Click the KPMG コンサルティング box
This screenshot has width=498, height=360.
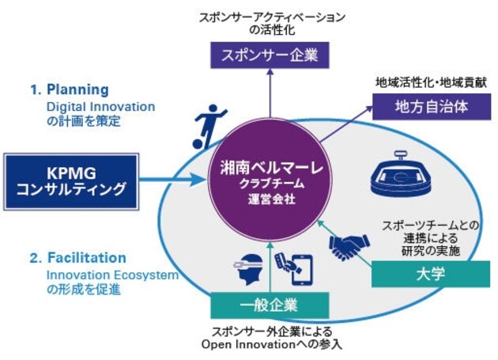tap(71, 182)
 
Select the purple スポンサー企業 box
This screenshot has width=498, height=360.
tap(270, 55)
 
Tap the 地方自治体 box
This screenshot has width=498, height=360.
tap(432, 107)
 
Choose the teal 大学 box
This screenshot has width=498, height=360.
tap(431, 274)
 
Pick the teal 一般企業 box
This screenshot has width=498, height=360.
tap(270, 305)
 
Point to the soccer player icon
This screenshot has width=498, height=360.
tap(209, 127)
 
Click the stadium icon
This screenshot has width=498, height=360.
tap(401, 173)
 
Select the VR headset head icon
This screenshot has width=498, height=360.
tap(248, 269)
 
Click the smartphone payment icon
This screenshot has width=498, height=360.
tap(294, 269)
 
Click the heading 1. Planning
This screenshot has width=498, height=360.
tap(70, 89)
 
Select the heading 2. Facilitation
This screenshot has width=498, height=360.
tap(78, 258)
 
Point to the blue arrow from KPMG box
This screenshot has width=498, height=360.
tap(173, 180)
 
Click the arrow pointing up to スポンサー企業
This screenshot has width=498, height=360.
tap(270, 93)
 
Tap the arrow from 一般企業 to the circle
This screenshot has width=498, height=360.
tap(270, 267)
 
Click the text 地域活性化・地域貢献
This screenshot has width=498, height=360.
tap(432, 83)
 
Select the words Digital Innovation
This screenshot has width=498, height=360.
tap(101, 107)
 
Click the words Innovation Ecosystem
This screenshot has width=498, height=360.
tap(113, 275)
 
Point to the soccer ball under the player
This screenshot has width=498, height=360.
tap(198, 144)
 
